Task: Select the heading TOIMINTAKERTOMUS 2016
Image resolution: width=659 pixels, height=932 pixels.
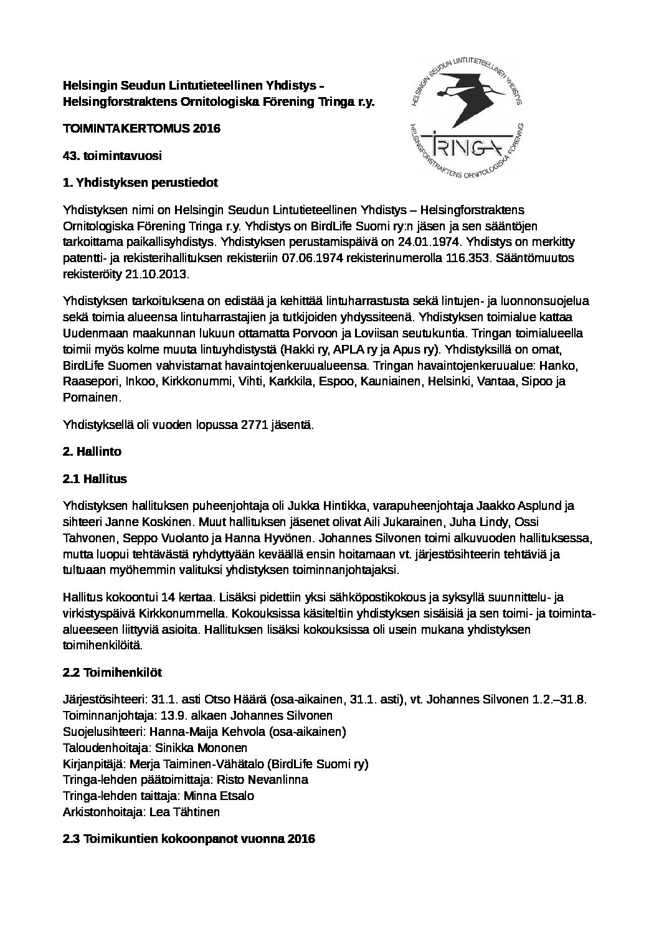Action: [x=141, y=129]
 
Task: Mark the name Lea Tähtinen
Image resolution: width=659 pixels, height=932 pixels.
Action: [x=184, y=812]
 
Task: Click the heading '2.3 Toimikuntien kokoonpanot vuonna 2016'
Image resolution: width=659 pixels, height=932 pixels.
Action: [x=189, y=839]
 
